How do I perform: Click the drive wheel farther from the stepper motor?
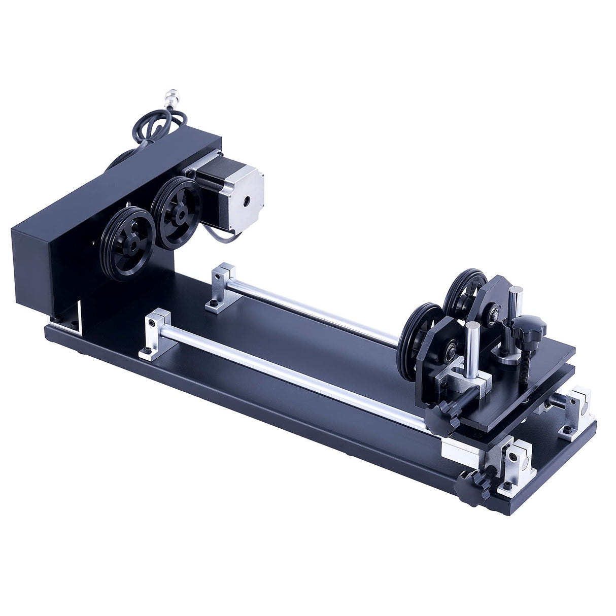click(x=127, y=243)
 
